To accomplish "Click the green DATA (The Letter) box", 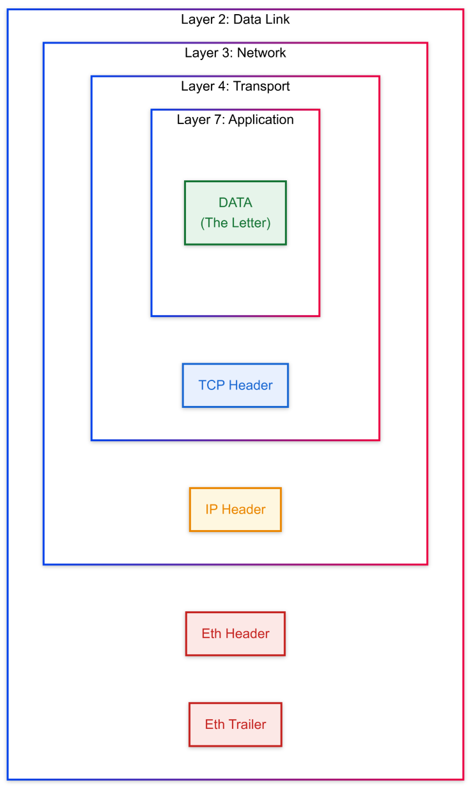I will [235, 213].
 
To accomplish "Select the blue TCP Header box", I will [235, 385].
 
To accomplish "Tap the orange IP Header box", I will [235, 510].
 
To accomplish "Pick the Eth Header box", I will [235, 634].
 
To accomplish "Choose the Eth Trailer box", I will [235, 724].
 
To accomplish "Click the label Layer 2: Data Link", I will [235, 19].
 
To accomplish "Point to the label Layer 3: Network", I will [235, 52].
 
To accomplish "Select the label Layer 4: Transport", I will [235, 86].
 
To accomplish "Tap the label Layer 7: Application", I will [235, 119].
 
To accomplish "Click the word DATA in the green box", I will [235, 203].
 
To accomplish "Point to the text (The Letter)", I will [235, 223].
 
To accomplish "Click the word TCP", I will [212, 385].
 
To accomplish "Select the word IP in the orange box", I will [212, 510].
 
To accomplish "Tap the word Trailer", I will [247, 724].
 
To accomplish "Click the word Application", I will [261, 120].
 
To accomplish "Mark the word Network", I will [261, 52].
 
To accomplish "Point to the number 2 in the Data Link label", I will [221, 19].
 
